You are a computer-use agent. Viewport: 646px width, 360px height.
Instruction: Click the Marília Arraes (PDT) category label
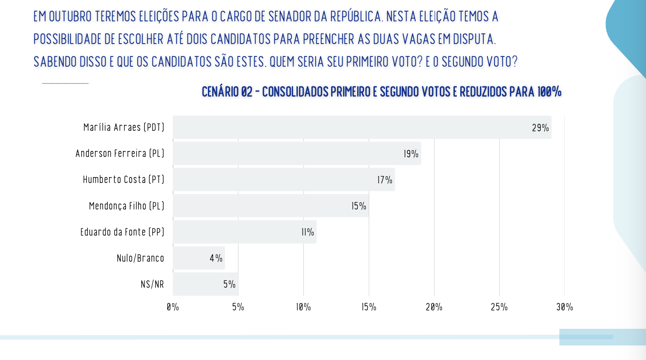(124, 127)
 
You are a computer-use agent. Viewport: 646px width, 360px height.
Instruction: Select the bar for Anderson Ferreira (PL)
(297, 153)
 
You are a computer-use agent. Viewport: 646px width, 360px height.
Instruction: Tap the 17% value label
(385, 180)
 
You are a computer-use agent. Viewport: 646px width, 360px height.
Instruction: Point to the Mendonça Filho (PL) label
(126, 206)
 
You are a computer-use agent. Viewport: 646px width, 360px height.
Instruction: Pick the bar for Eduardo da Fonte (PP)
(245, 232)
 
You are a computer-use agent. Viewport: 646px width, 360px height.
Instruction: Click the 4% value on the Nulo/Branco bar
(216, 258)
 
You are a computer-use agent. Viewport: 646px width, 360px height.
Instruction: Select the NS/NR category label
(152, 284)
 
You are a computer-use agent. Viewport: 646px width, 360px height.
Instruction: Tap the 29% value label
(540, 128)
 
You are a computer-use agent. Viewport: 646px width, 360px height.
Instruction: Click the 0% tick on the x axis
(173, 307)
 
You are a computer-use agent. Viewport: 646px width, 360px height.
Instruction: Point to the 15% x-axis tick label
(369, 307)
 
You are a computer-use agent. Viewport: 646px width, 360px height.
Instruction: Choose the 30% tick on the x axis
(564, 307)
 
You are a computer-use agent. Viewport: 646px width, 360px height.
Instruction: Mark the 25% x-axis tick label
(499, 307)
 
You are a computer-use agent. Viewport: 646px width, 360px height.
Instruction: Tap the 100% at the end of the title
(549, 92)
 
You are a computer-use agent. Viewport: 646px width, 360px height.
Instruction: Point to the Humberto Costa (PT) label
(124, 180)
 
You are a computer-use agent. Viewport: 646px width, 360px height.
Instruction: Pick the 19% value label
(411, 154)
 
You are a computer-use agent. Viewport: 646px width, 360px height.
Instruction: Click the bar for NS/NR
(205, 284)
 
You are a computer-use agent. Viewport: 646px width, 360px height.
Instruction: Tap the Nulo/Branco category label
(140, 258)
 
